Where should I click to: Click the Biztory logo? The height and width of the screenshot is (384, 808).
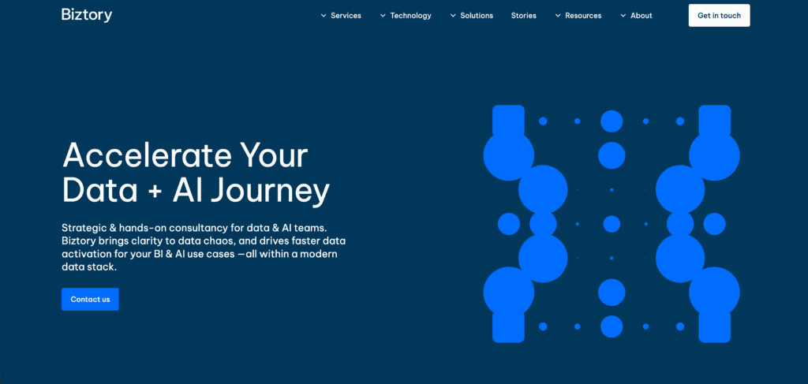coord(87,15)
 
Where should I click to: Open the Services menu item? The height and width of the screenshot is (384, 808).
coord(346,16)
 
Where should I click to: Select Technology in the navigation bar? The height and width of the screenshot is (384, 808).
coord(410,16)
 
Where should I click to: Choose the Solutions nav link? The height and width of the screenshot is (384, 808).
coord(477,16)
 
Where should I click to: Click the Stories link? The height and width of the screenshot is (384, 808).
coord(523,16)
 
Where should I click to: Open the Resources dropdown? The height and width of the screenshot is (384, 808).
coord(583,16)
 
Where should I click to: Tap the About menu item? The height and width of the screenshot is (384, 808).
coord(641,16)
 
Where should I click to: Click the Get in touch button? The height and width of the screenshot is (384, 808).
coord(719,16)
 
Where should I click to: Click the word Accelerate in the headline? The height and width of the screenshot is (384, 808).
coord(146,155)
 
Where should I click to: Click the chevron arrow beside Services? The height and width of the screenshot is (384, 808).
coord(324,16)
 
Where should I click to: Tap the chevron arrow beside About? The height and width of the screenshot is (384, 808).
coord(623,16)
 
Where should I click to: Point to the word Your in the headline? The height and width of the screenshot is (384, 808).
coord(273,155)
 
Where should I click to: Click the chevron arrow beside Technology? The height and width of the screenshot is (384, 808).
coord(383,16)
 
